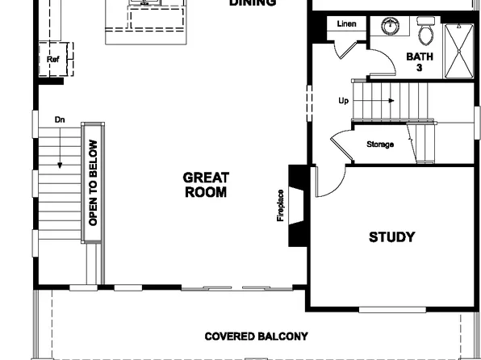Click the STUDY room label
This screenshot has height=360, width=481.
point(391,237)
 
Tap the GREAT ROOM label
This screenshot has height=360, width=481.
point(206,185)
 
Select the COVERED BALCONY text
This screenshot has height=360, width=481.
point(256,336)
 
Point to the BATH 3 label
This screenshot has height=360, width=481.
point(419,62)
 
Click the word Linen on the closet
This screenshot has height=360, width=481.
point(346,24)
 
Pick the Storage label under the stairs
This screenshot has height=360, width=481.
point(380,144)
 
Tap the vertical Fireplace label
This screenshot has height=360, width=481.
point(281,205)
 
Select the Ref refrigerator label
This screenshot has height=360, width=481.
point(52,59)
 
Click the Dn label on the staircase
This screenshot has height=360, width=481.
point(60,119)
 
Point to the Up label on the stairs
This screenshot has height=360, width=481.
point(343,101)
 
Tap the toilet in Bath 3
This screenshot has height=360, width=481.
point(425,33)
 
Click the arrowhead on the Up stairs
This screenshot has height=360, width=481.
point(391,101)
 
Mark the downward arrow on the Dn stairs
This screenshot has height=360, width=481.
point(60,165)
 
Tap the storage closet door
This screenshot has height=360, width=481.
point(341,145)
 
